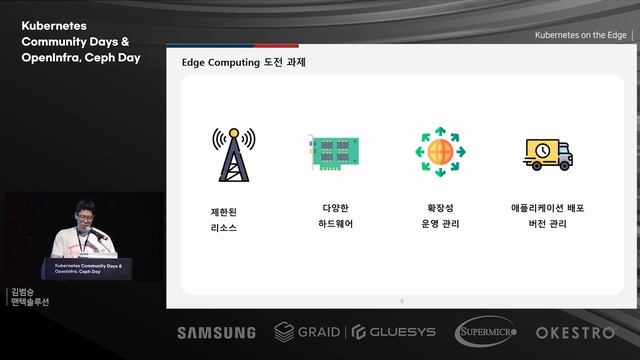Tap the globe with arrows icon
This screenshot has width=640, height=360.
pyautogui.click(x=441, y=153)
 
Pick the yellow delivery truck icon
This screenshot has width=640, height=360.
pyautogui.click(x=547, y=153)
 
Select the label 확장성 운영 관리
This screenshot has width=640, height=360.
pyautogui.click(x=441, y=216)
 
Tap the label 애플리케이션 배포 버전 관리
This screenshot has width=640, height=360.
pyautogui.click(x=547, y=216)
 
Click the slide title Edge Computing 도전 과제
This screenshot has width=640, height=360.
pyautogui.click(x=243, y=63)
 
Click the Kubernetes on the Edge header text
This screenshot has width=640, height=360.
pyautogui.click(x=580, y=35)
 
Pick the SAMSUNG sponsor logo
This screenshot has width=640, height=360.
pyautogui.click(x=216, y=332)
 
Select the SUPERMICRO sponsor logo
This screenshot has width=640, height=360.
pyautogui.click(x=486, y=332)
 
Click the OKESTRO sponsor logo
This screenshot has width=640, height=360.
pyautogui.click(x=580, y=332)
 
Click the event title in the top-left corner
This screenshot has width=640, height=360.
pyautogui.click(x=81, y=41)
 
